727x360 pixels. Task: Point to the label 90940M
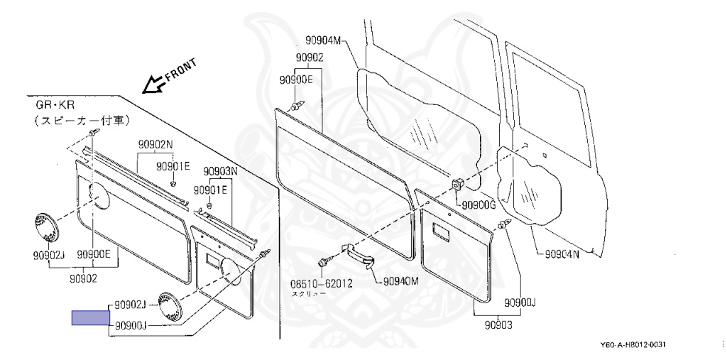[x=401, y=281]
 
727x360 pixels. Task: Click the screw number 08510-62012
[x=322, y=283]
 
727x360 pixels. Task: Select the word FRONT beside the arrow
[x=180, y=70]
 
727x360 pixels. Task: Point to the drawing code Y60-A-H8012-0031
[x=633, y=345]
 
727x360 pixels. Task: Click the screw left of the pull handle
[x=323, y=262]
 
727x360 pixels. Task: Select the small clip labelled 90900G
[x=458, y=185]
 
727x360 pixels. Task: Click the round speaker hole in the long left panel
[x=100, y=196]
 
